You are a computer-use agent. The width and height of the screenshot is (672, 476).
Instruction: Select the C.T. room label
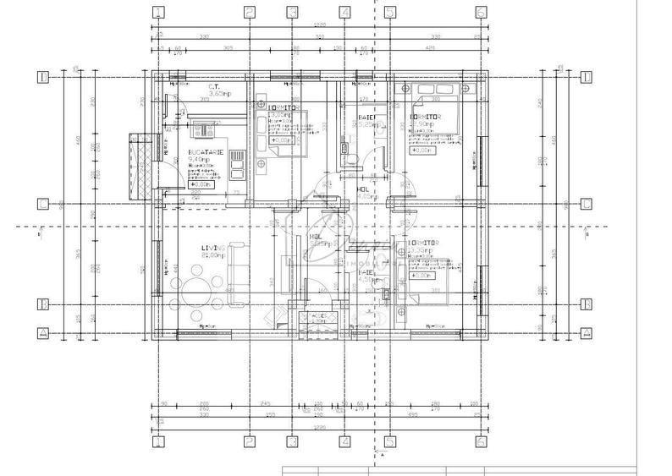(215, 86)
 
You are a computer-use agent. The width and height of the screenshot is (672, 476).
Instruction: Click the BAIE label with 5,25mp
(366, 118)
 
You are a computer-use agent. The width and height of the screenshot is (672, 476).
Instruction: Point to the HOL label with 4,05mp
(362, 191)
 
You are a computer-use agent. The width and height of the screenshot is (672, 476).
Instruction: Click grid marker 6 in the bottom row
(480, 441)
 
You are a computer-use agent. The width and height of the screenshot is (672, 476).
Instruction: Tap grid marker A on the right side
(585, 333)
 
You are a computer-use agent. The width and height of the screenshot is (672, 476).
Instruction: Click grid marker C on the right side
(585, 204)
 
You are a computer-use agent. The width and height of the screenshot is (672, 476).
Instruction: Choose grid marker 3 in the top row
(292, 12)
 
